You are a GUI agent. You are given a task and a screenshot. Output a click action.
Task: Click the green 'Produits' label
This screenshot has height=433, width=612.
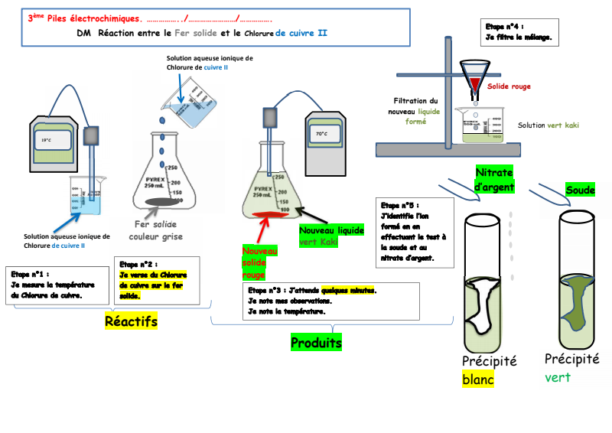[316, 343]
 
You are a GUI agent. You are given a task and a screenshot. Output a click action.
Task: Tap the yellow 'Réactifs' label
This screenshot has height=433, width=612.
[131, 322]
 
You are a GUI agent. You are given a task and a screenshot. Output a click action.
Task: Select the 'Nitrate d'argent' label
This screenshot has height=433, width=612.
[494, 179]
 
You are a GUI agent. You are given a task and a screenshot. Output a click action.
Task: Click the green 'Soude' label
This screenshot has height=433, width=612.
[580, 190]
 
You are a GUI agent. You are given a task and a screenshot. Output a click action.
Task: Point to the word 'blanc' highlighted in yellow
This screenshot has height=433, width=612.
[477, 379]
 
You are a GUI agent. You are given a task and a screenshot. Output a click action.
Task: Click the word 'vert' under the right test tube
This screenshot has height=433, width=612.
[558, 377]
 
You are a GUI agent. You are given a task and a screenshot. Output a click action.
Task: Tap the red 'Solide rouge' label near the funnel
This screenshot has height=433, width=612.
[508, 86]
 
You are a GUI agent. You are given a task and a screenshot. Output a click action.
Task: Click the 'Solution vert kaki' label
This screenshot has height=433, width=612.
[548, 125]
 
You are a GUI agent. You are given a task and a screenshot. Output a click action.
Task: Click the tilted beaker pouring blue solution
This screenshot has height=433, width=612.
[185, 107]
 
